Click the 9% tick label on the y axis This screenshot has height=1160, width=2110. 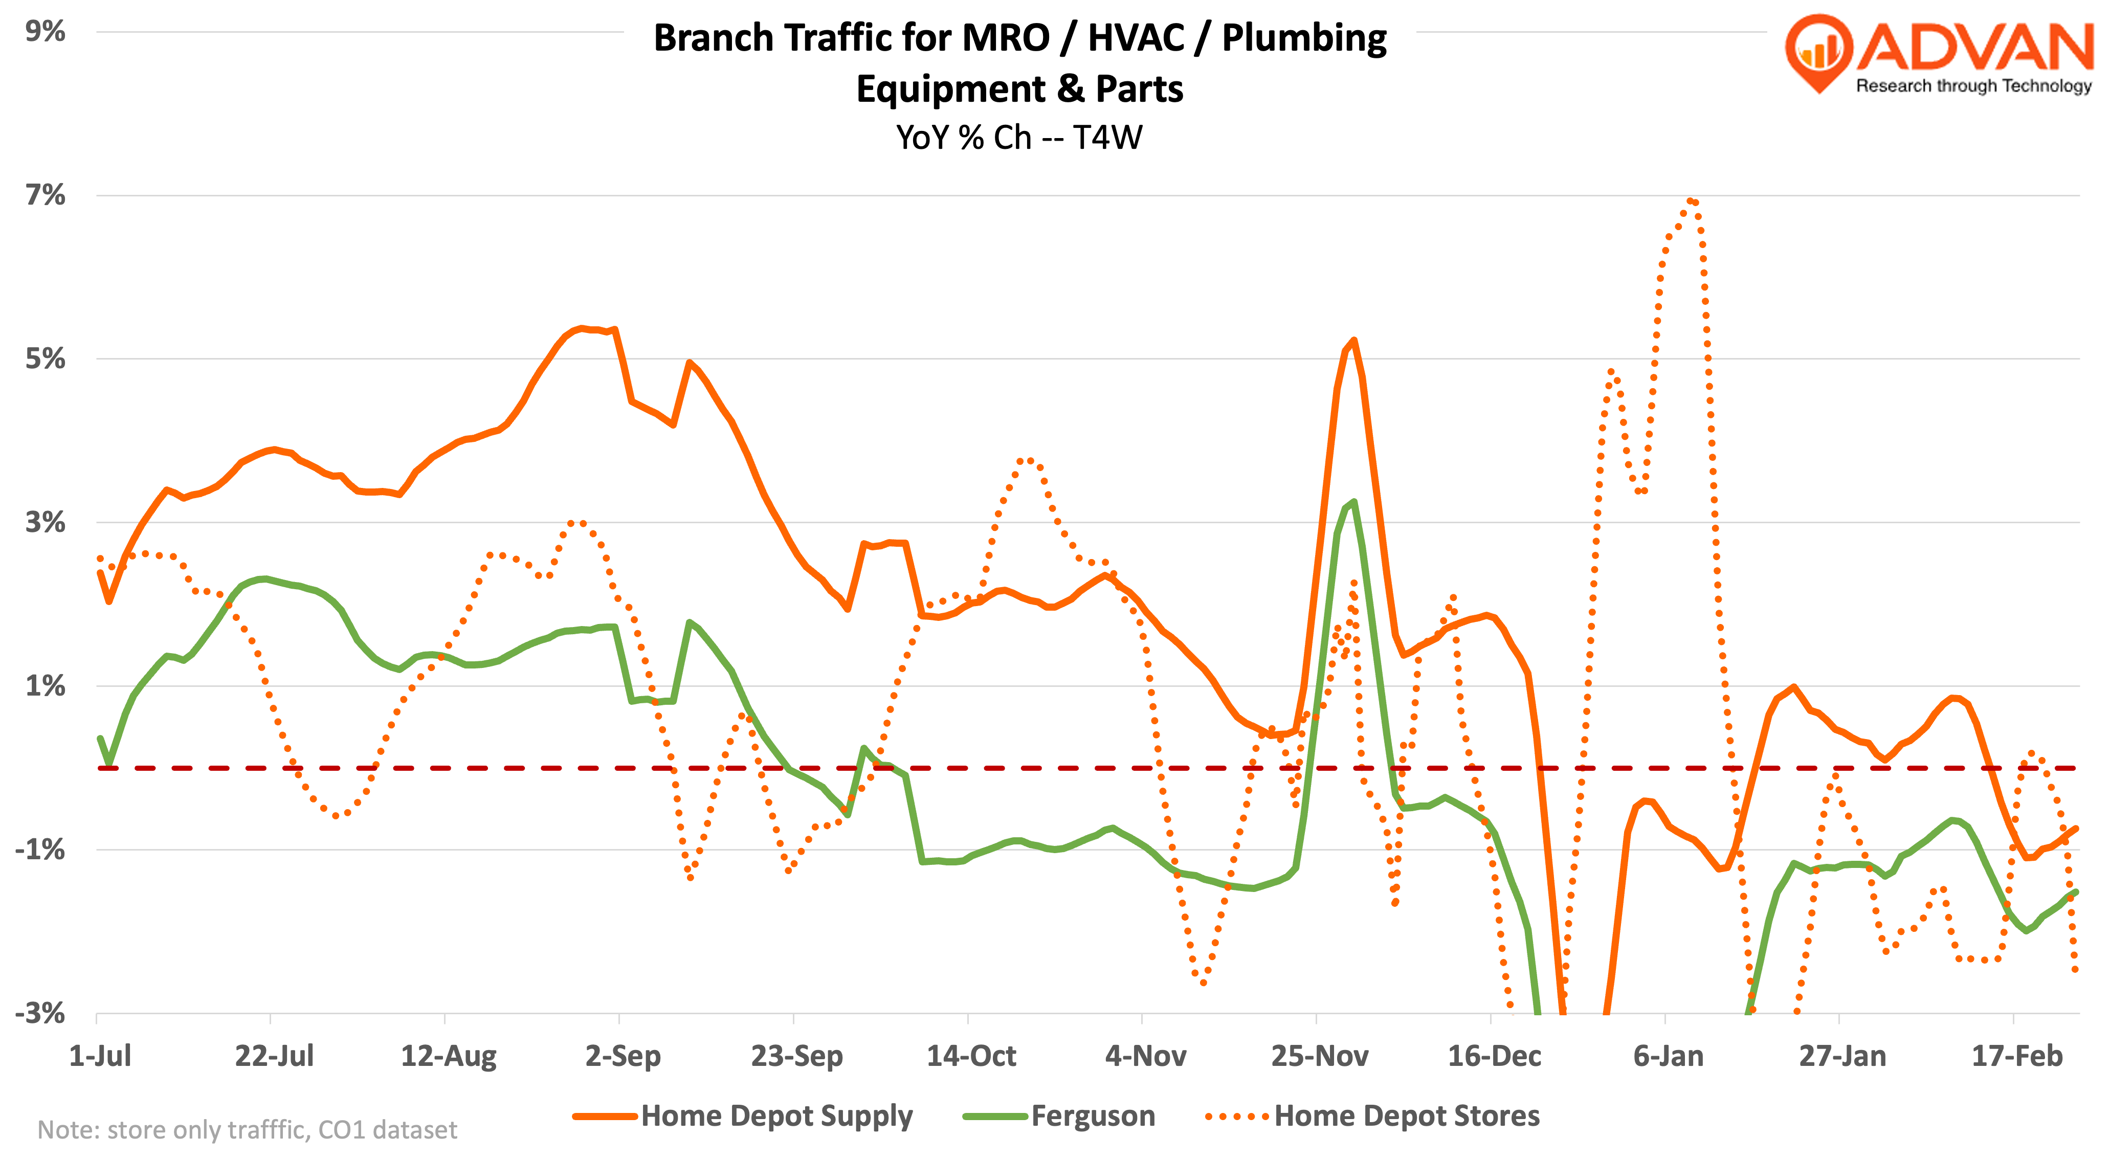45,31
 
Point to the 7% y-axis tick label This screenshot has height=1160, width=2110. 45,195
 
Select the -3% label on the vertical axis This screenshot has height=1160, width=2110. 39,1013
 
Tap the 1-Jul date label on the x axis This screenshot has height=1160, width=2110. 100,1056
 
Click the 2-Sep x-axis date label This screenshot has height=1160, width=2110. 623,1056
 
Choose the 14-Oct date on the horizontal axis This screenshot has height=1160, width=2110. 971,1056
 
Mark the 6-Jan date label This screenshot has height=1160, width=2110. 1668,1056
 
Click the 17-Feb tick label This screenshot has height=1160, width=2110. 2016,1056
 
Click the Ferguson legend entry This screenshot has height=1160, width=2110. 1093,1116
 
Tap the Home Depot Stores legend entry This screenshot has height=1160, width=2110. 1406,1116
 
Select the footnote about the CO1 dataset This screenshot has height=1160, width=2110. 248,1130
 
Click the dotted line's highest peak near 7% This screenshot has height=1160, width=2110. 1691,200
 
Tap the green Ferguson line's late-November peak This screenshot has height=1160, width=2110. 1353,502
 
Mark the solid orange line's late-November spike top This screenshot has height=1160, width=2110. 1353,340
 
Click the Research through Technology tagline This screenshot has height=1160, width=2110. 1973,86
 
